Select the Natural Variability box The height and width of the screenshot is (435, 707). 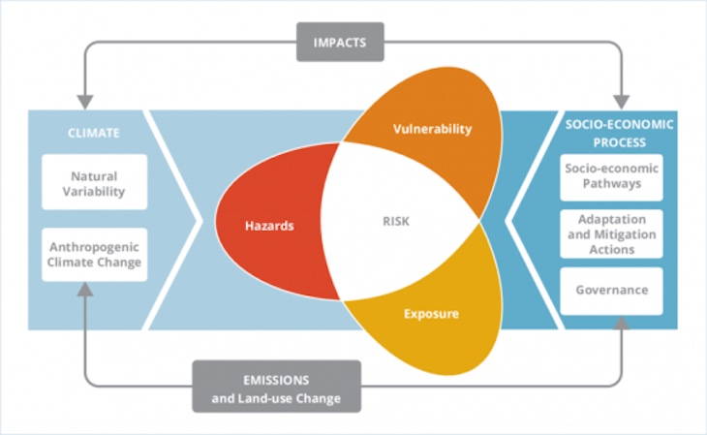click(x=95, y=183)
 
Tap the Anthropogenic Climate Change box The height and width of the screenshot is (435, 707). click(x=95, y=255)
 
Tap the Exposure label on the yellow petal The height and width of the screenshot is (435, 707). click(x=432, y=315)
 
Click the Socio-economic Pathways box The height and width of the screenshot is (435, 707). click(x=611, y=177)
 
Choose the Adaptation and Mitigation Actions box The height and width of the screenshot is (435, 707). click(x=611, y=233)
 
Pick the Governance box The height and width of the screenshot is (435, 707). click(x=611, y=290)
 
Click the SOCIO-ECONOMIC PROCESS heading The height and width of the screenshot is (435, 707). click(x=619, y=132)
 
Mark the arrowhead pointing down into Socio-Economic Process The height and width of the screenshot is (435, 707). click(x=621, y=100)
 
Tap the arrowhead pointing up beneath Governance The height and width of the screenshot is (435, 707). click(x=621, y=321)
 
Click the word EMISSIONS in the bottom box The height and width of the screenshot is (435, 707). click(x=277, y=377)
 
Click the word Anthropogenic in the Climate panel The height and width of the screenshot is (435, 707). click(x=95, y=246)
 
